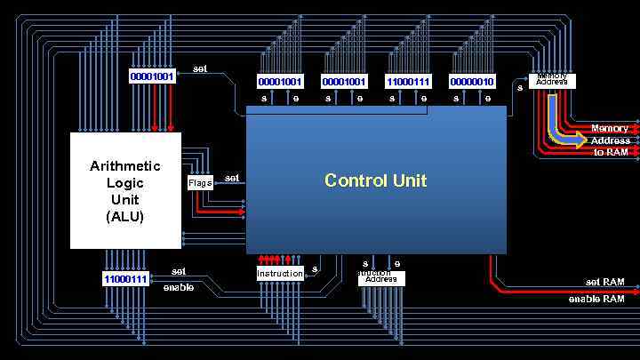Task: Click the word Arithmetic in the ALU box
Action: [x=125, y=166]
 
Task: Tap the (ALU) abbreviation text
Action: [x=125, y=216]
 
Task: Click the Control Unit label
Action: [x=375, y=180]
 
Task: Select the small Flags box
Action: [x=200, y=183]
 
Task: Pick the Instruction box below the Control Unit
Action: [x=280, y=274]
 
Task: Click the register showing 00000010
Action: [x=472, y=82]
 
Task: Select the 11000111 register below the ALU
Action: [x=126, y=279]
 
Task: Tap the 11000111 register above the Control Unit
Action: [x=408, y=82]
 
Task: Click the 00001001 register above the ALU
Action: [x=152, y=76]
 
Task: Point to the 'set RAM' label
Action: [x=604, y=282]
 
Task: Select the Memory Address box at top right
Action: [x=552, y=80]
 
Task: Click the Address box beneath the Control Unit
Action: [x=381, y=278]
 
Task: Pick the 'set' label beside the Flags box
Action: [x=232, y=178]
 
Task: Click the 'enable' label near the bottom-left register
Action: [x=179, y=287]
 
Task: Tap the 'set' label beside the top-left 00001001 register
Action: [x=200, y=68]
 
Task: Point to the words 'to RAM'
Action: [x=611, y=152]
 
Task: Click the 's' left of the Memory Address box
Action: [x=520, y=86]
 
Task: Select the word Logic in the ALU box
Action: [x=125, y=183]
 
